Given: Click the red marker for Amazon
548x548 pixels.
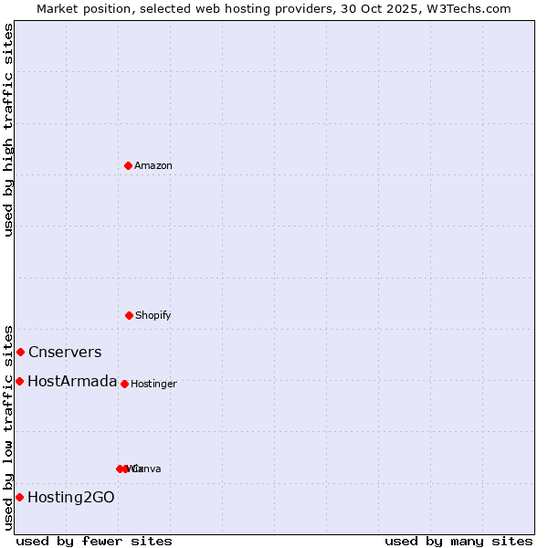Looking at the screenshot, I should coord(128,165).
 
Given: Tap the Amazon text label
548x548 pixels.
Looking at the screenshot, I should coord(153,166).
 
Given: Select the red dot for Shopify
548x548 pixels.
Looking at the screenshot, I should coord(129,315).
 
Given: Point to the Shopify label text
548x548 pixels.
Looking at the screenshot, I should coord(153,316).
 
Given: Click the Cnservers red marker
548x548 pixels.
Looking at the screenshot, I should coord(20,352).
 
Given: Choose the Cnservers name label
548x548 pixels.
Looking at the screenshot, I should coord(65,353).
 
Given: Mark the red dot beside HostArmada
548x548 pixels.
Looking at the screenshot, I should coord(19,381).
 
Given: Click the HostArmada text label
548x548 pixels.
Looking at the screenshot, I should coord(72,382).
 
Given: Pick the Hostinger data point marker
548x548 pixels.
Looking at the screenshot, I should coord(124,384).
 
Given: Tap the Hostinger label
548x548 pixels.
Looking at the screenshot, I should coord(153,385).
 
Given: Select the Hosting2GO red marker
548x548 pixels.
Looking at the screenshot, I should coord(19,497).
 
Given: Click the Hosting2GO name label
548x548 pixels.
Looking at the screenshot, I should coord(71,498).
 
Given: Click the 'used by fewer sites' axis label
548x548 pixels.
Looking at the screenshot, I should coord(94,541).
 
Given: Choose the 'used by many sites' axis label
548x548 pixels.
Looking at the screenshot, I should coord(458,541).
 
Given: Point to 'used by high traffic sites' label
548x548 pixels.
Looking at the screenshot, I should coord(8,130).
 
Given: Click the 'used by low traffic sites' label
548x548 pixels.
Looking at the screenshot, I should coord(8,427).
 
